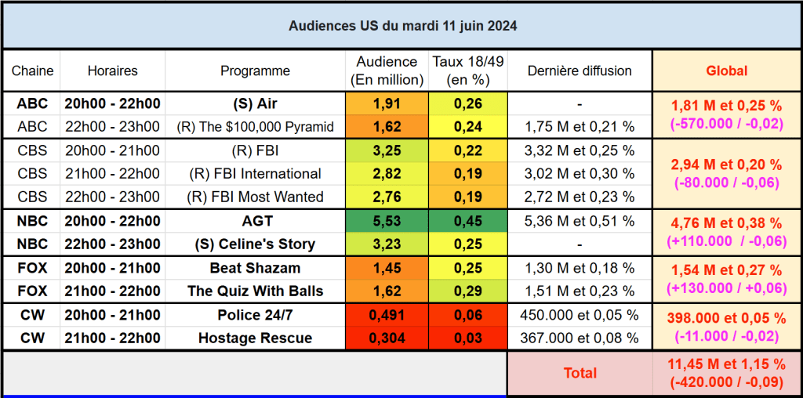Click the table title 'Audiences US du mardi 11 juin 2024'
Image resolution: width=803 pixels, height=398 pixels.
pyautogui.click(x=402, y=26)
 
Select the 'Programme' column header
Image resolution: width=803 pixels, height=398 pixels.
pyautogui.click(x=255, y=71)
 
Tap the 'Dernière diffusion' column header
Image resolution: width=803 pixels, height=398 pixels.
pyautogui.click(x=580, y=71)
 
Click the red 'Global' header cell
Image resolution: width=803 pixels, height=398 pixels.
pyautogui.click(x=726, y=71)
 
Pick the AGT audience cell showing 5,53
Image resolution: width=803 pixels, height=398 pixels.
pyautogui.click(x=387, y=221)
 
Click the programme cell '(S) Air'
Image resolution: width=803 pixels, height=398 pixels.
pyautogui.click(x=255, y=103)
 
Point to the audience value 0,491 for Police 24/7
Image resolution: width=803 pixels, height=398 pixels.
pyautogui.click(x=387, y=315)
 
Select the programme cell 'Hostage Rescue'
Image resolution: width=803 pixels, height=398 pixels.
pyautogui.click(x=255, y=338)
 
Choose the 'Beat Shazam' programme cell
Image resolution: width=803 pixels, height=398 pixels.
pyautogui.click(x=255, y=268)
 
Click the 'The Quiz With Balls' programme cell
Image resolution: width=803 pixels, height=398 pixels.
pyautogui.click(x=255, y=291)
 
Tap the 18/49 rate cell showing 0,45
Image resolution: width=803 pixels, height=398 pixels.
pyautogui.click(x=468, y=221)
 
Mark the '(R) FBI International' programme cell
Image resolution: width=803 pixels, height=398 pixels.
pyautogui.click(x=255, y=174)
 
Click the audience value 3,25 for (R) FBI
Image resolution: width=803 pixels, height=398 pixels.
pyautogui.click(x=387, y=150)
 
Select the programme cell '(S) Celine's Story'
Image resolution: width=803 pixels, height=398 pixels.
pyautogui.click(x=255, y=244)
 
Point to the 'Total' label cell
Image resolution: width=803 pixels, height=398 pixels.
pyautogui.click(x=580, y=374)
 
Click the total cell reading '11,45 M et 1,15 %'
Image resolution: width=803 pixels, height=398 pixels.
pyautogui.click(x=726, y=365)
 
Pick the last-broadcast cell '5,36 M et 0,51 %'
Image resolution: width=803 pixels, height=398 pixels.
pyautogui.click(x=580, y=221)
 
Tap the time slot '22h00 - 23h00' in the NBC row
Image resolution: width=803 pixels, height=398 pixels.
pyautogui.click(x=112, y=244)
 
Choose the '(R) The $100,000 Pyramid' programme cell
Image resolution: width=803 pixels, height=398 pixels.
pyautogui.click(x=255, y=127)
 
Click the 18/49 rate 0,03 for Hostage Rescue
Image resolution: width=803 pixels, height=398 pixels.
pyautogui.click(x=468, y=338)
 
